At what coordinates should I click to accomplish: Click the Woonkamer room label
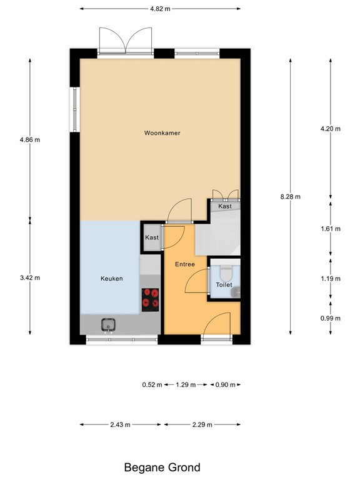coord(162,133)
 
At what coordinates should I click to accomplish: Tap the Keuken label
coord(112,279)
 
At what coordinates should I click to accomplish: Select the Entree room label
coord(184,264)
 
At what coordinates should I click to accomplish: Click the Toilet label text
coord(224,285)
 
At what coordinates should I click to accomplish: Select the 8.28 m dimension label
coord(291,196)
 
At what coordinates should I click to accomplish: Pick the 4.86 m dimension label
coord(30,139)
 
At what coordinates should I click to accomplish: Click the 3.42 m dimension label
coord(30,278)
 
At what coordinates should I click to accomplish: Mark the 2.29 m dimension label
coord(202,424)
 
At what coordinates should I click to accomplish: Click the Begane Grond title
coord(162,467)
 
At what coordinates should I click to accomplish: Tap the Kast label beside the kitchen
coord(152,237)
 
